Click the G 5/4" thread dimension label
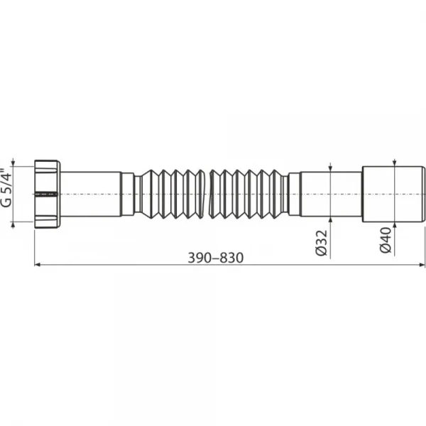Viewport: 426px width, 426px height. click(x=7, y=188)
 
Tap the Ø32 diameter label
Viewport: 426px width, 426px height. click(x=322, y=243)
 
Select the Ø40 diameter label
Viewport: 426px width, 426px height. click(x=386, y=241)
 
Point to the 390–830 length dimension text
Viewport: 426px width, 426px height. click(x=216, y=258)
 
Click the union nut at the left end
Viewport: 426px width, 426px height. click(x=48, y=194)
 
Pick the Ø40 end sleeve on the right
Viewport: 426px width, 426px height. click(x=393, y=194)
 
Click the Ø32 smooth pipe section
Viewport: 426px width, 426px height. click(x=331, y=195)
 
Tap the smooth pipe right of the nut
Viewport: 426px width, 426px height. click(x=91, y=194)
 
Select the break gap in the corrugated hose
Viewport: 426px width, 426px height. click(x=207, y=194)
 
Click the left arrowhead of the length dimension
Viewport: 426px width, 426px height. click(x=38, y=264)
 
